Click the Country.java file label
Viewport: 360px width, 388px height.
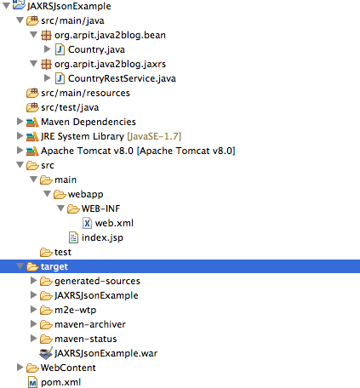96,49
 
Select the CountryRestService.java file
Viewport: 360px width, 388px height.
122,78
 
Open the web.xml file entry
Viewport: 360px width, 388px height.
114,223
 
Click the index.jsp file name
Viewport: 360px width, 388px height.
102,237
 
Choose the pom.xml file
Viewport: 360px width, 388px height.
60,382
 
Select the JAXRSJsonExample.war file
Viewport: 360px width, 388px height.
106,353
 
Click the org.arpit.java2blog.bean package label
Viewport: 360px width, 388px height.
110,35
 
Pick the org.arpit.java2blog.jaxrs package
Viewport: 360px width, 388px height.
110,64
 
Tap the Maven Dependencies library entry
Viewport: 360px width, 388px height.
89,122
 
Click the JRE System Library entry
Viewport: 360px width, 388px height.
111,136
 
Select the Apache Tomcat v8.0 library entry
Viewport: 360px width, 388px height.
138,151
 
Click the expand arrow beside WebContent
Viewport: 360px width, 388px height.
20,368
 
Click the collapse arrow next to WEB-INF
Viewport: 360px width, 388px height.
60,208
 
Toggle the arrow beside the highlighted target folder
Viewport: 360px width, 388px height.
20,266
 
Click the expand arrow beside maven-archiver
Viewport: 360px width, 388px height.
33,324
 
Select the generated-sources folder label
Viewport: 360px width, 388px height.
97,281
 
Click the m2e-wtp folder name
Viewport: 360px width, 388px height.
75,310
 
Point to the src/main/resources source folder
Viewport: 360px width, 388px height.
85,93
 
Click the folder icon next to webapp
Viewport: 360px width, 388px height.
60,194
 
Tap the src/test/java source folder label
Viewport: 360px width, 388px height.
70,107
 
